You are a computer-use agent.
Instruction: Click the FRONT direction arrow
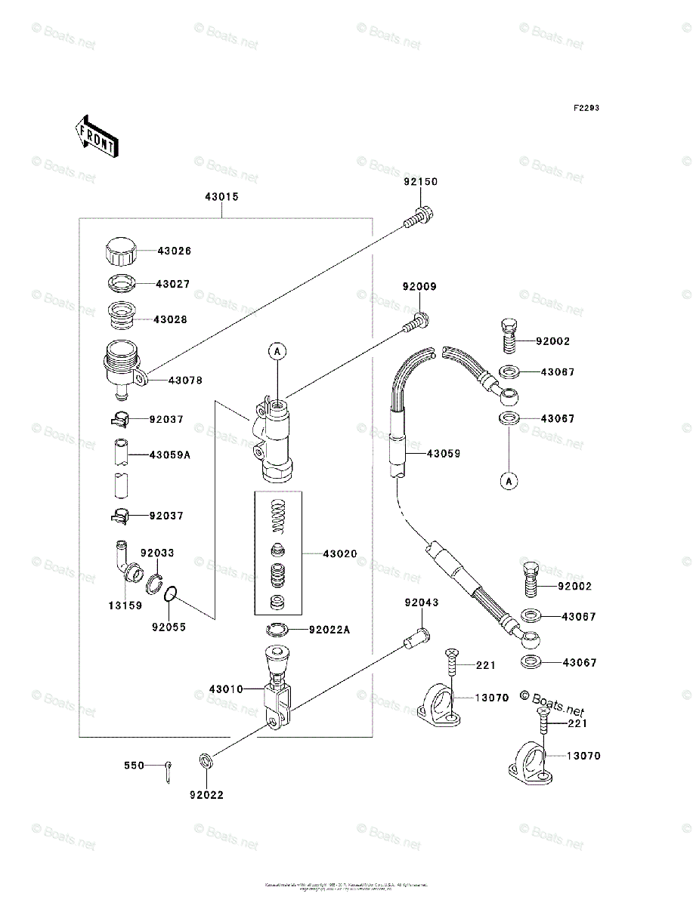pyautogui.click(x=95, y=135)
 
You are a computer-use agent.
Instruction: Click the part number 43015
pyautogui.click(x=221, y=197)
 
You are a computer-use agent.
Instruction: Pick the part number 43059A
pyautogui.click(x=169, y=455)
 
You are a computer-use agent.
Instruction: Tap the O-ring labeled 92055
pyautogui.click(x=171, y=596)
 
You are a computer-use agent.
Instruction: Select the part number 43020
pyautogui.click(x=340, y=553)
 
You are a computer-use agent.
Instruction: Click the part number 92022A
pyautogui.click(x=329, y=630)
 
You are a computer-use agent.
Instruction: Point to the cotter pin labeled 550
pyautogui.click(x=168, y=771)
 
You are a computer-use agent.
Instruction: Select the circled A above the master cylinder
pyautogui.click(x=277, y=350)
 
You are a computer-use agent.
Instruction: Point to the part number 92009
pyautogui.click(x=419, y=287)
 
